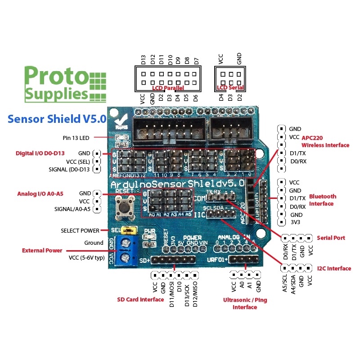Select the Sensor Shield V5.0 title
[57, 119]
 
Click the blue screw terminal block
[124, 252]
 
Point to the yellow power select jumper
[130, 231]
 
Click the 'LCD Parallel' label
[164, 88]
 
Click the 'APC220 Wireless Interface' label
[325, 141]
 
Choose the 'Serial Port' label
[331, 238]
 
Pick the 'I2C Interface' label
[333, 268]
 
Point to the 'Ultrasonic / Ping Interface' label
[245, 303]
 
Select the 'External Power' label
[42, 250]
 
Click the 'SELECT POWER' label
[80, 230]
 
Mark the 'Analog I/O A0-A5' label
[40, 194]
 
